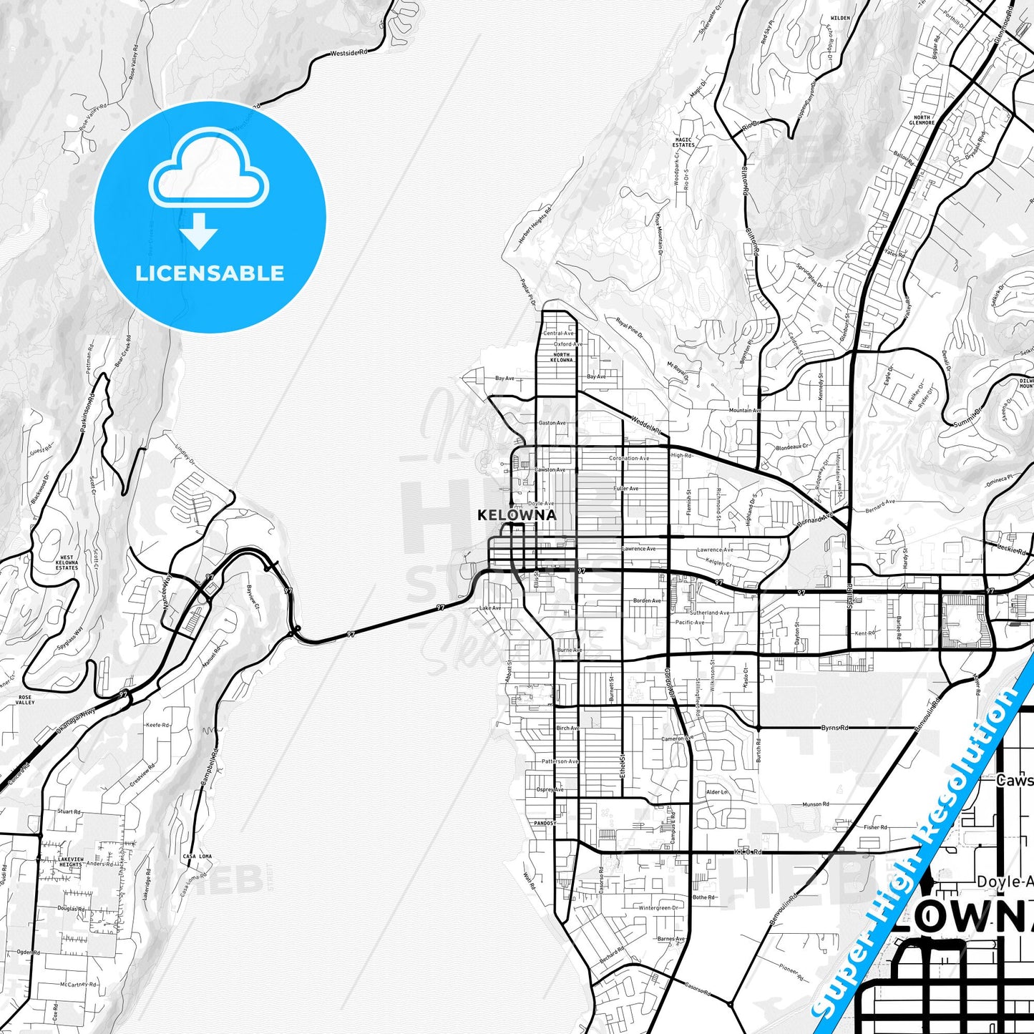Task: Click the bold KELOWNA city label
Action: tap(517, 514)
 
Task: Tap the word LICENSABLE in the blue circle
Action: tap(210, 273)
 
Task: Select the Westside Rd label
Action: tap(348, 53)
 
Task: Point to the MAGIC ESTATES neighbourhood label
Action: tap(683, 142)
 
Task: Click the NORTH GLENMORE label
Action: tap(922, 120)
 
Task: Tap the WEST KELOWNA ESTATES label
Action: tap(67, 562)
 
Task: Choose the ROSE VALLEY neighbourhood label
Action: tap(25, 700)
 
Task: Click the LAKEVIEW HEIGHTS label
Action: tap(70, 862)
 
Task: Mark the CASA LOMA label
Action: tap(197, 857)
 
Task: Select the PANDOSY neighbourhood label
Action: tap(545, 823)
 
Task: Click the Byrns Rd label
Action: tap(834, 728)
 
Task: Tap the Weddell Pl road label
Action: tap(645, 424)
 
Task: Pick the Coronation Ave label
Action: tap(629, 458)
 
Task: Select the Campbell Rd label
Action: tap(209, 769)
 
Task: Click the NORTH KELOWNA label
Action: tap(562, 357)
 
